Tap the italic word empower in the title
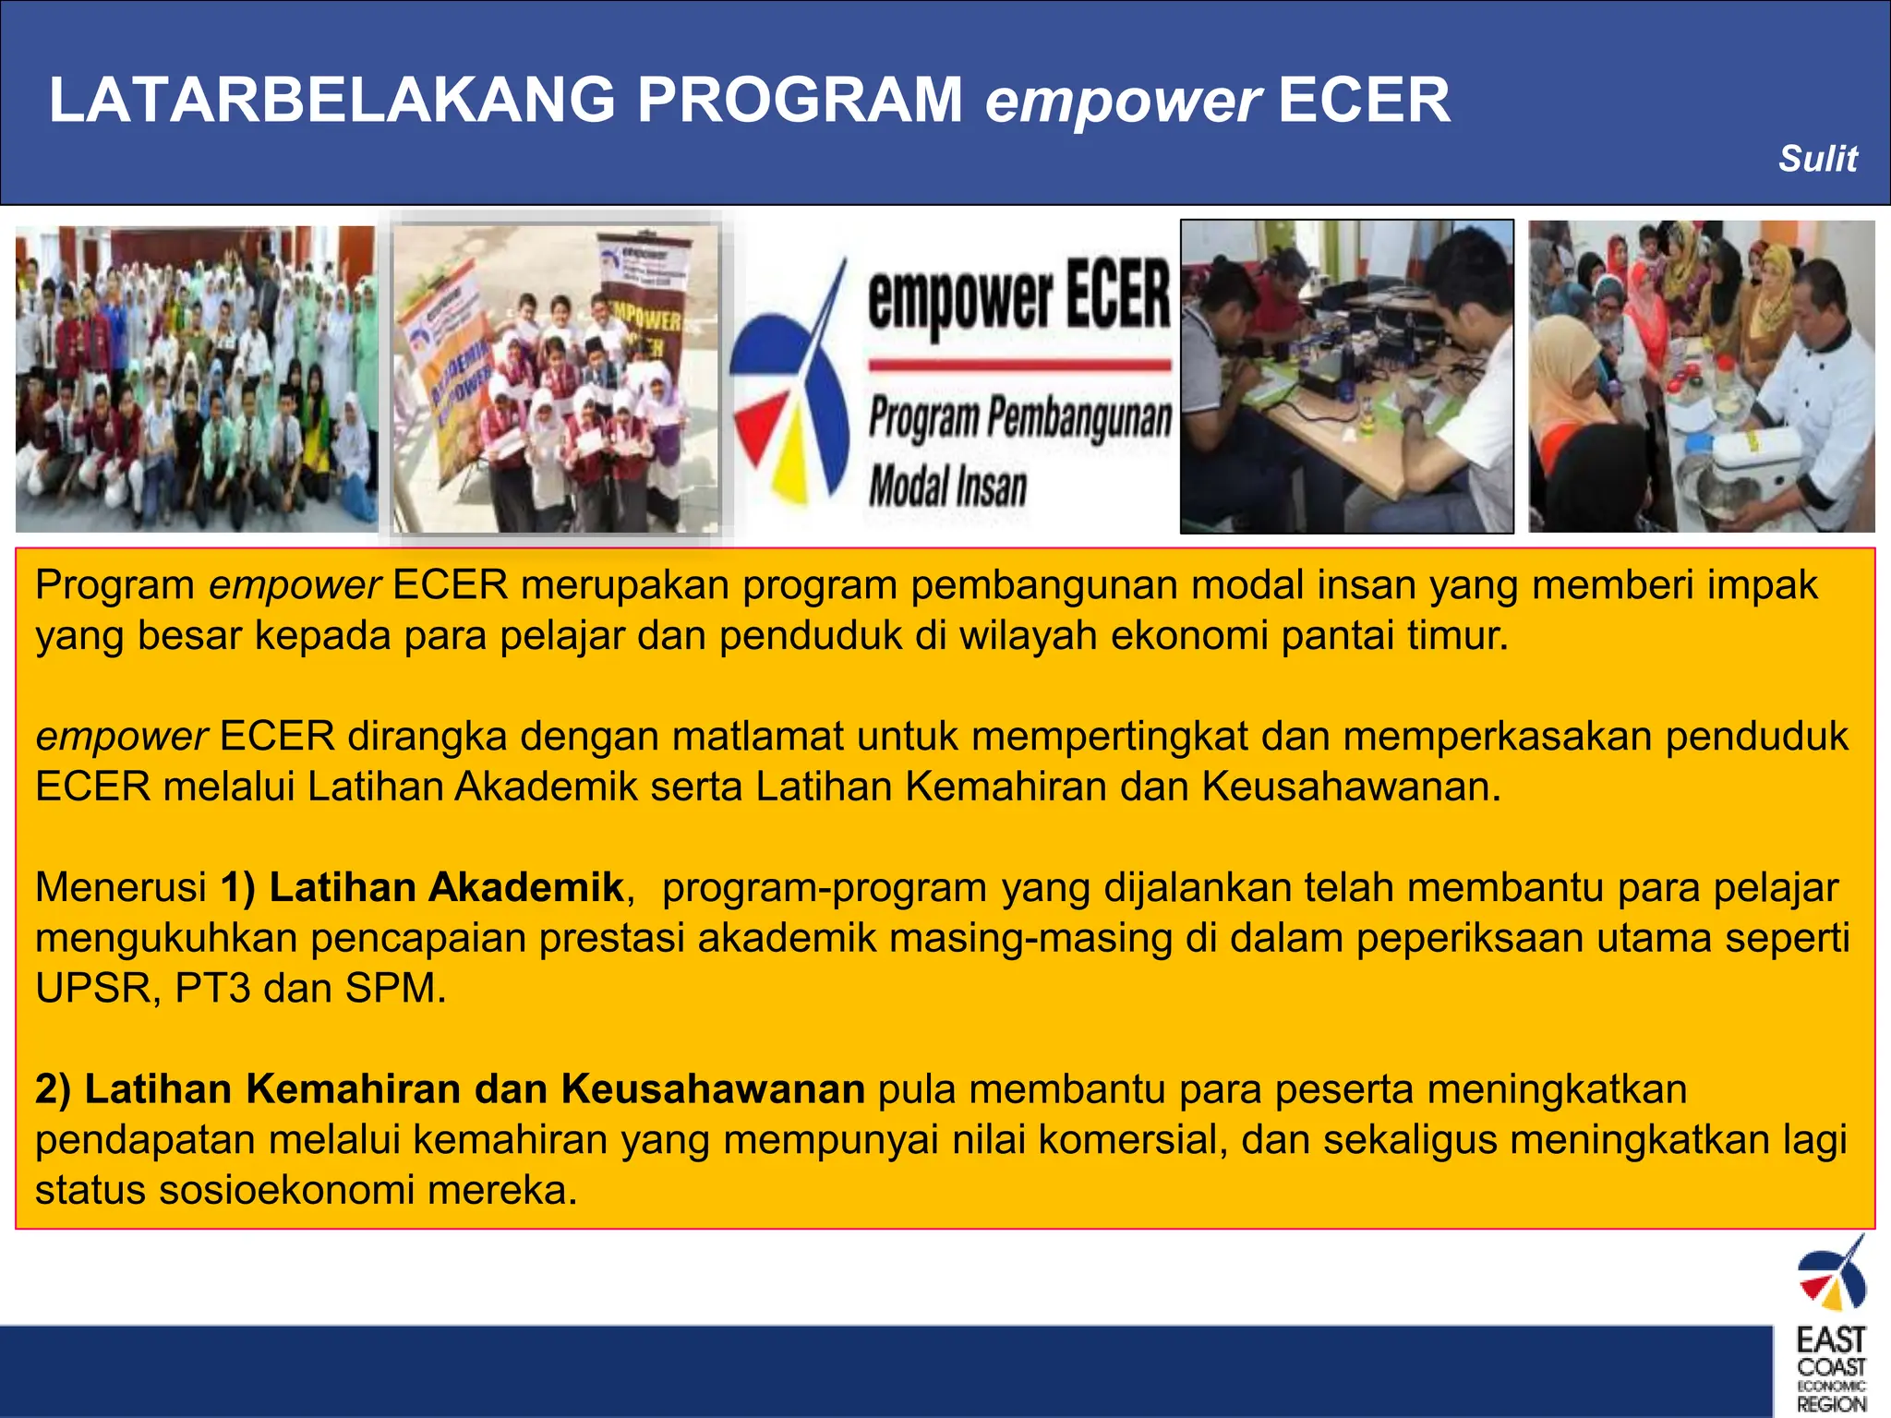pos(1122,102)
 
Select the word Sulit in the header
pos(1817,159)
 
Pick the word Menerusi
pos(120,887)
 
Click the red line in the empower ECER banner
pos(1019,366)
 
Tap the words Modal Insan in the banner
pos(947,487)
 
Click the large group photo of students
pos(196,379)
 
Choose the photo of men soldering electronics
pos(1346,377)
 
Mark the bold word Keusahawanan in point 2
pos(713,1089)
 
